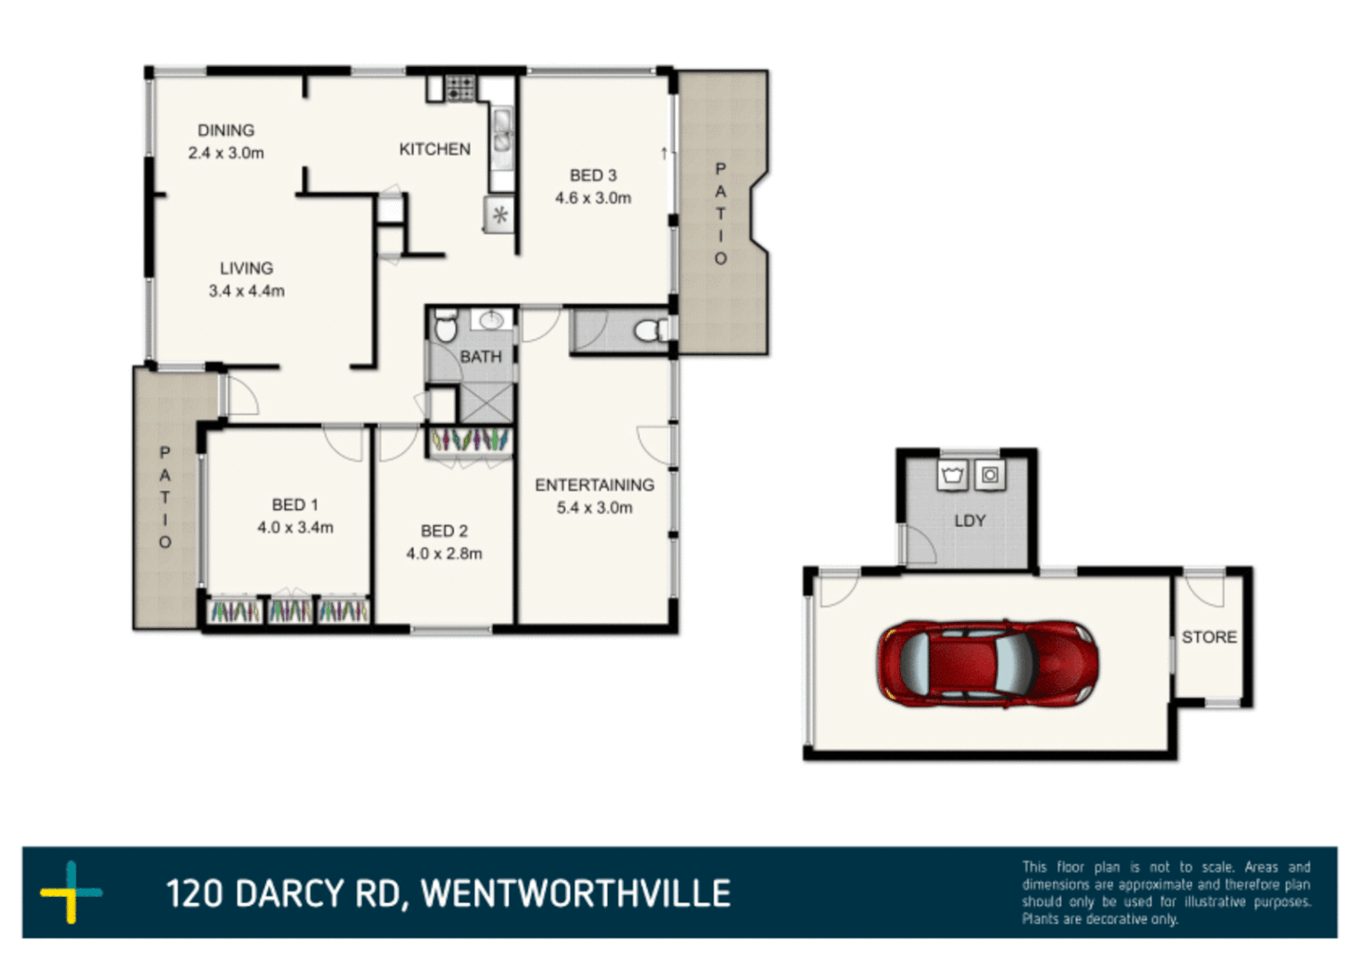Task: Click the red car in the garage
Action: coord(987,664)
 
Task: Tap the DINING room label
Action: coord(225,131)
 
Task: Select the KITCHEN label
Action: coord(434,149)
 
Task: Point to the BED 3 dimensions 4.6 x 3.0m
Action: coord(593,198)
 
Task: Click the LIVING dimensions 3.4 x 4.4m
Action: coord(247,291)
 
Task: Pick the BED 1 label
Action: coord(295,505)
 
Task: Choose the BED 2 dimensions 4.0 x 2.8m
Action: coord(444,553)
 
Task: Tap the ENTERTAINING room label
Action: coord(594,485)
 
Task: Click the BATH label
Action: coord(481,357)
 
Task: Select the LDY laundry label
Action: coord(969,521)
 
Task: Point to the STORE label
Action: coord(1209,637)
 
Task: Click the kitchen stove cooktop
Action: coord(460,88)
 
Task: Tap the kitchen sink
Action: coord(502,130)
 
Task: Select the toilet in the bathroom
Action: coord(445,327)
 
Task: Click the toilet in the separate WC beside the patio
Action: coord(650,331)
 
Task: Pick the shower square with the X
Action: coord(486,403)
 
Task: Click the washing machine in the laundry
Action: coord(989,475)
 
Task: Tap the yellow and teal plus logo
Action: coord(71,892)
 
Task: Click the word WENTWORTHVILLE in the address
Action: coord(575,893)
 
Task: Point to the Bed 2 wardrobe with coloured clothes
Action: coord(470,440)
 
